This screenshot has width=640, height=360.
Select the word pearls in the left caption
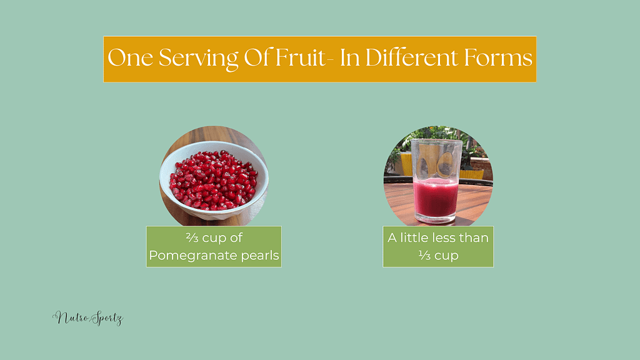pos(262,256)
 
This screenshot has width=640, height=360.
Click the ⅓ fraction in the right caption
pos(424,256)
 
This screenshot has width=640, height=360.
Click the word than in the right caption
pos(474,238)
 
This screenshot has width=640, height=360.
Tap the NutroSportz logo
pos(87,319)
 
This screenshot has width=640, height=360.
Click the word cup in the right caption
pos(449,256)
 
